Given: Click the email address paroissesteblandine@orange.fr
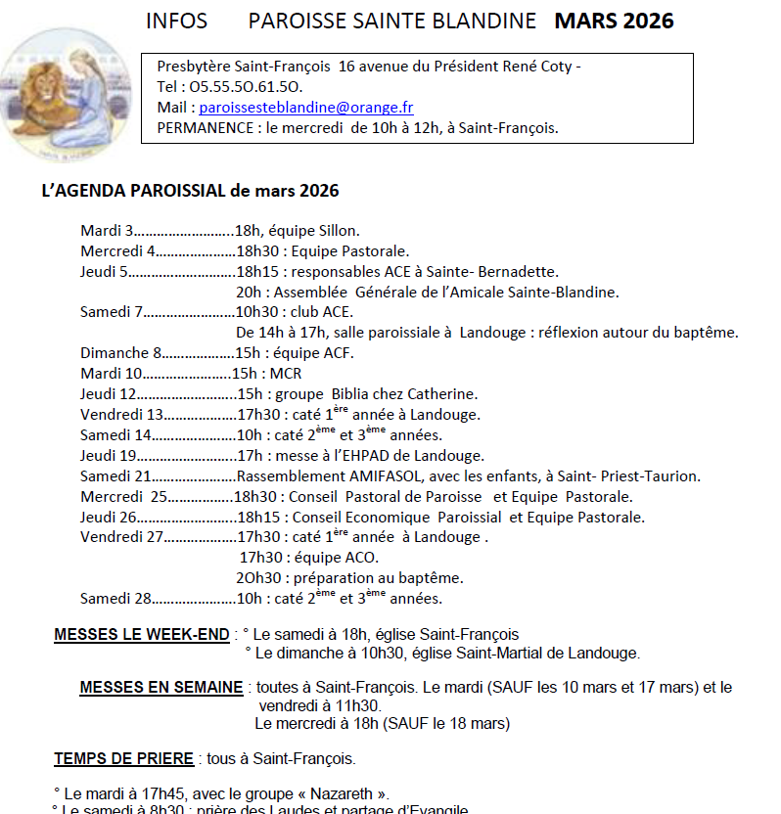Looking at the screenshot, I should click(x=306, y=108).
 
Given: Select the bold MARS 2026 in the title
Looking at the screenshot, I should click(x=614, y=21).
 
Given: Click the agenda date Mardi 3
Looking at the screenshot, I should click(x=107, y=231).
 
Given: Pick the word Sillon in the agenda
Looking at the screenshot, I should click(x=339, y=231).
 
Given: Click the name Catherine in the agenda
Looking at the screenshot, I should click(x=440, y=394).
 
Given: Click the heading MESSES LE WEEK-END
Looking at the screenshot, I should click(x=142, y=634).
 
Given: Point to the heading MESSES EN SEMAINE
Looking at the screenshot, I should click(x=161, y=687).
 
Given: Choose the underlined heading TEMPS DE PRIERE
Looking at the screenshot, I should click(x=125, y=758).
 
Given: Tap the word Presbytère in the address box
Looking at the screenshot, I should click(x=193, y=67).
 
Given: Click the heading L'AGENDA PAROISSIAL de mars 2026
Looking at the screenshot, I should click(x=190, y=190).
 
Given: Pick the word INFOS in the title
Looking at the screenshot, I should click(x=175, y=21).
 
